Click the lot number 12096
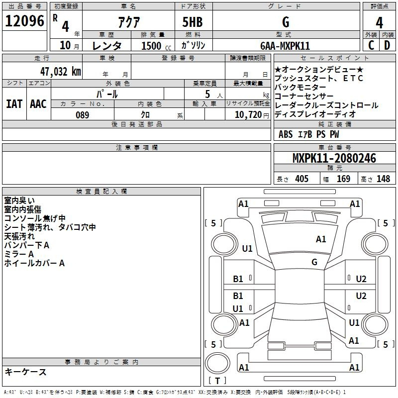pyautogui.click(x=24, y=21)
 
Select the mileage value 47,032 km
pyautogui.click(x=61, y=72)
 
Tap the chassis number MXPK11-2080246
pyautogui.click(x=334, y=158)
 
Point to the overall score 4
pyautogui.click(x=379, y=23)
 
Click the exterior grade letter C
pyautogui.click(x=371, y=45)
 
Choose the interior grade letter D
pyautogui.click(x=387, y=45)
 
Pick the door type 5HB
pyautogui.click(x=193, y=22)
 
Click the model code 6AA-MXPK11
pyautogui.click(x=285, y=46)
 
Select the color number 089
pyautogui.click(x=83, y=115)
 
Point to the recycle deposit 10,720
pyautogui.click(x=248, y=114)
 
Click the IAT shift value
pyautogui.click(x=14, y=104)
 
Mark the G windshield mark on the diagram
pyautogui.click(x=314, y=262)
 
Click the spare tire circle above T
pyautogui.click(x=217, y=363)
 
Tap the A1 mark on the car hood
pyautogui.click(x=321, y=239)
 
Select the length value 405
pyautogui.click(x=301, y=179)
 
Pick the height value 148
pyautogui.click(x=383, y=179)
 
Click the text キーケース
pyautogui.click(x=26, y=372)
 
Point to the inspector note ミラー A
pyautogui.click(x=19, y=254)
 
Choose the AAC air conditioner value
pyautogui.click(x=38, y=104)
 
